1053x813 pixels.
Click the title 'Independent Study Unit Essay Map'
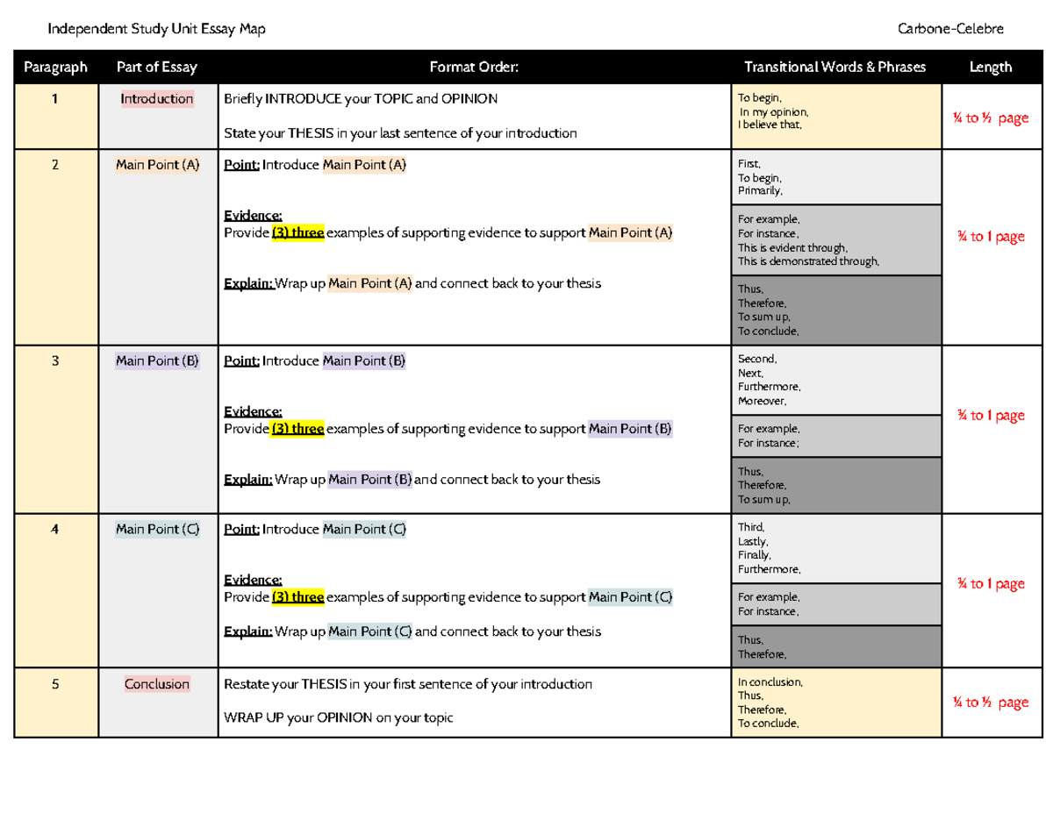pos(156,29)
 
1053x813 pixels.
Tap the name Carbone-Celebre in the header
pos(950,29)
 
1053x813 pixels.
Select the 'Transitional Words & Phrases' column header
pos(835,68)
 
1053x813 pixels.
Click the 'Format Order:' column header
pos(474,68)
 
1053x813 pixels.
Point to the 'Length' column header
pos(991,68)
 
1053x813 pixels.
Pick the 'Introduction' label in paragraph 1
pos(157,99)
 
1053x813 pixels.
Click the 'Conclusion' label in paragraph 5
pos(157,684)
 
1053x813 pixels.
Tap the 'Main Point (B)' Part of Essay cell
pos(157,360)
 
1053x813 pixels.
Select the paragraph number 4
pos(55,529)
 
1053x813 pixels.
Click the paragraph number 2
pos(55,164)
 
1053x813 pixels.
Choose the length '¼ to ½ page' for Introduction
pos(991,118)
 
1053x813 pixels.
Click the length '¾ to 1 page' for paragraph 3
pos(991,416)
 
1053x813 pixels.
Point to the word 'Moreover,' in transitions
pos(763,401)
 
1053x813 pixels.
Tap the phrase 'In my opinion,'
pos(773,112)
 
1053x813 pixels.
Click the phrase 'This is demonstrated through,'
pos(807,260)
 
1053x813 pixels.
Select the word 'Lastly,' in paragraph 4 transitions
pos(753,542)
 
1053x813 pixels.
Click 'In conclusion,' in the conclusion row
pos(770,681)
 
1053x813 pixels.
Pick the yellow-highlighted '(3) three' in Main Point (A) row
pos(297,232)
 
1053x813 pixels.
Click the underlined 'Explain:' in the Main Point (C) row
pos(247,631)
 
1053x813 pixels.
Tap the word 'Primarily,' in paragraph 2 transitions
pos(760,190)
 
